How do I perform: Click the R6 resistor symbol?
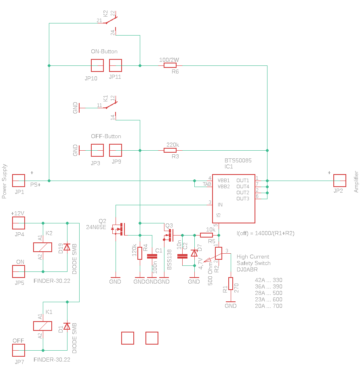click(x=170, y=65)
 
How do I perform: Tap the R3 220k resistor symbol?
click(x=170, y=150)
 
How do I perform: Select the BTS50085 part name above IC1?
click(x=238, y=160)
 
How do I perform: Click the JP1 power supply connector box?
click(x=19, y=181)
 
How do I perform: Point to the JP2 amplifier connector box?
click(x=339, y=181)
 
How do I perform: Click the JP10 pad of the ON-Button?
click(x=97, y=65)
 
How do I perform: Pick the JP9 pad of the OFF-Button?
click(x=116, y=150)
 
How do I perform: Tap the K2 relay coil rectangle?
click(x=42, y=247)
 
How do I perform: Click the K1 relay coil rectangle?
click(x=42, y=326)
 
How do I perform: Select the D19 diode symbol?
click(x=67, y=247)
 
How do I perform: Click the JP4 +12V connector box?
click(x=19, y=223)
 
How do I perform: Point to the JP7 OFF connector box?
click(x=19, y=350)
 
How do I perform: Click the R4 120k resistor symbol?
click(x=140, y=253)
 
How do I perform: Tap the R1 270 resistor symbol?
click(x=231, y=283)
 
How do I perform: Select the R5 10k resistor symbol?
click(x=206, y=235)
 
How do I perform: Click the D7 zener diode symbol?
click(x=194, y=253)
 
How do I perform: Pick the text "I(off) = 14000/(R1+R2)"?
click(x=265, y=233)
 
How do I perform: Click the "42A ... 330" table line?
click(x=269, y=280)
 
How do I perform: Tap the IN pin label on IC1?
click(x=220, y=205)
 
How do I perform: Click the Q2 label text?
click(x=102, y=221)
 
